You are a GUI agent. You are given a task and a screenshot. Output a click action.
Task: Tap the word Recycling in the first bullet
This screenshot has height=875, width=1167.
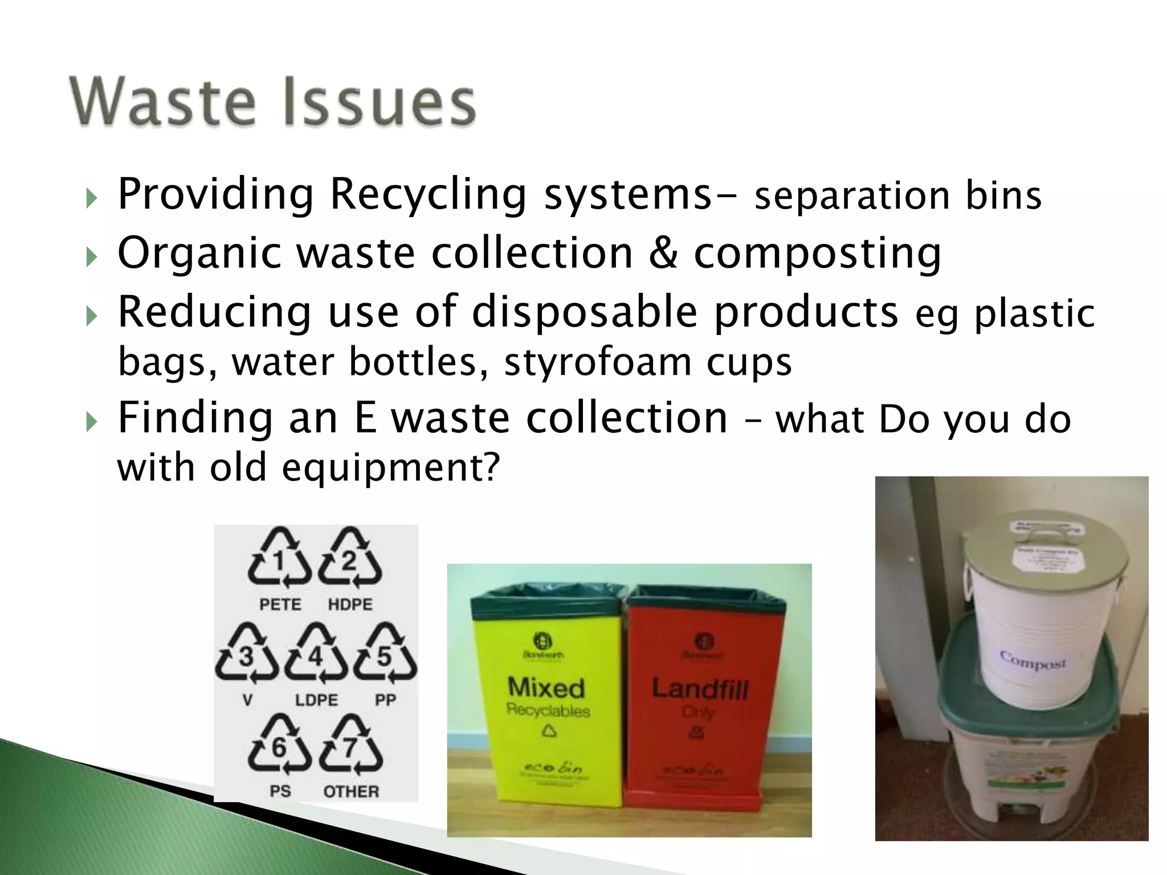[x=428, y=194]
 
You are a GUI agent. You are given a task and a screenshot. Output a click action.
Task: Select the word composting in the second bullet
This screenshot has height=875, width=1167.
[x=817, y=253]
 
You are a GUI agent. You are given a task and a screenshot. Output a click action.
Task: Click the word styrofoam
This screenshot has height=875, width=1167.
[x=598, y=362]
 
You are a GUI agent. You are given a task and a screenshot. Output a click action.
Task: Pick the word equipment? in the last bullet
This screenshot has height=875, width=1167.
[x=391, y=468]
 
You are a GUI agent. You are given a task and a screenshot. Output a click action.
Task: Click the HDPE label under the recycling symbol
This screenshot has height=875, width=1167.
[x=350, y=604]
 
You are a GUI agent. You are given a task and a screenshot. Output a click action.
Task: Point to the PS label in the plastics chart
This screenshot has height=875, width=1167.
[x=280, y=791]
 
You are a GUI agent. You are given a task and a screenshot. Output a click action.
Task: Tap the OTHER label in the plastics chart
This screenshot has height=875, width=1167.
[x=351, y=791]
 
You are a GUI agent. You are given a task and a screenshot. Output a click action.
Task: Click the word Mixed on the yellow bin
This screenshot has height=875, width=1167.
[x=546, y=688]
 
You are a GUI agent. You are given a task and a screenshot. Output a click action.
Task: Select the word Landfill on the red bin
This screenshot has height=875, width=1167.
[x=700, y=689]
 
